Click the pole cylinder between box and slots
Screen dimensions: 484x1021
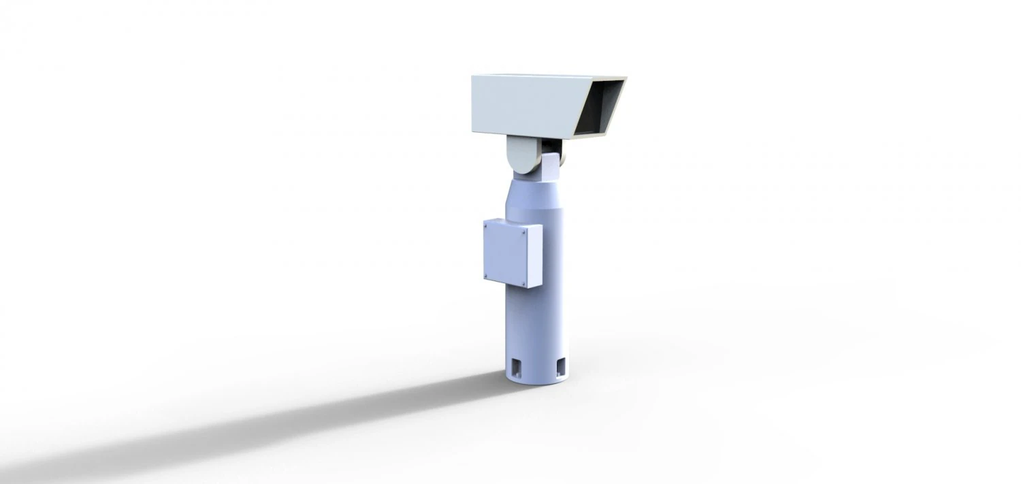coord(538,320)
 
